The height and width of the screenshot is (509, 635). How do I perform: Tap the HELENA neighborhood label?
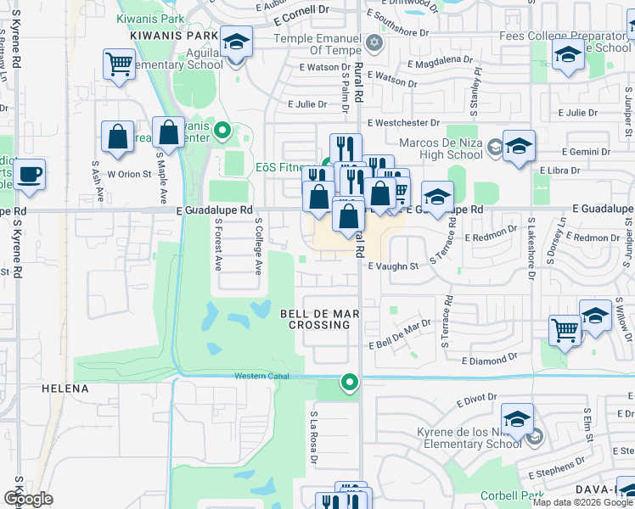65,389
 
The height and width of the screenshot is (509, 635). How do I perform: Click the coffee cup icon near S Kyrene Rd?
30,174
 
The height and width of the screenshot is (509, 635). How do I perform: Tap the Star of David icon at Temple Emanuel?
373,42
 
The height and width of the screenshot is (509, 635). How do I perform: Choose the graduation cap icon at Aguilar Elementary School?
236,42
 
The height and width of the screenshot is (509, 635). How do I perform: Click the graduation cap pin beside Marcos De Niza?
518,146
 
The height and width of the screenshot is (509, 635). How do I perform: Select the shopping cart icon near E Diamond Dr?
565,330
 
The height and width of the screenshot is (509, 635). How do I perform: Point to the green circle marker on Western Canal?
349,383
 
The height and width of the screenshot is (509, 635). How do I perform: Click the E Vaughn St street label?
394,266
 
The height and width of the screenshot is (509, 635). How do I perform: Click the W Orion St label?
128,174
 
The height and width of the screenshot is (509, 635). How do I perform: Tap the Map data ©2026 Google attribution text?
582,502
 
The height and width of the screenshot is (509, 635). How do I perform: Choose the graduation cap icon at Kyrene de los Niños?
517,419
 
